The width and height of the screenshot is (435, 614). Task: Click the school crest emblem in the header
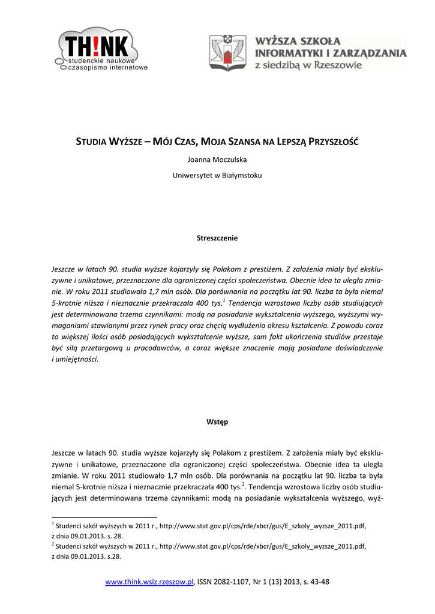click(227, 53)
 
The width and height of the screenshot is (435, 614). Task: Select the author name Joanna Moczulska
click(217, 159)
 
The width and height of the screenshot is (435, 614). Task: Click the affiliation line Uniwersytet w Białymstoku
click(217, 176)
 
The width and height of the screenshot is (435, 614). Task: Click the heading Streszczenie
click(217, 238)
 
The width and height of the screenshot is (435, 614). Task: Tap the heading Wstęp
click(217, 422)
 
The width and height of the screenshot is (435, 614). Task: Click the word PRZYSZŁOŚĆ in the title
click(332, 142)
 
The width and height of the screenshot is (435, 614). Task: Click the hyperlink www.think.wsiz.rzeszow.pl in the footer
click(149, 582)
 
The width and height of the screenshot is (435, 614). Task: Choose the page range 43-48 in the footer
click(320, 582)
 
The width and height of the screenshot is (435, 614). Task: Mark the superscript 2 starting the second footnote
click(53, 544)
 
